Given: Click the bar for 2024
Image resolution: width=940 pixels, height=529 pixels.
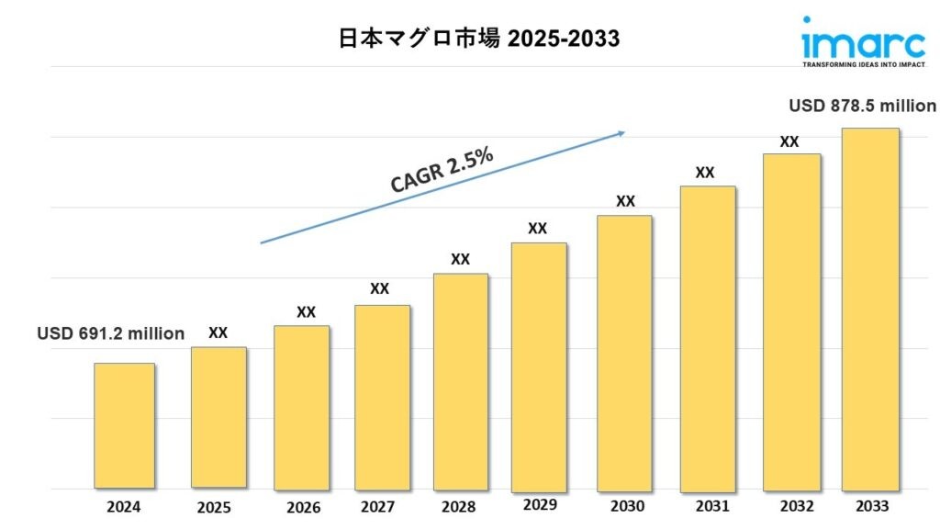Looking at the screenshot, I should [124, 425].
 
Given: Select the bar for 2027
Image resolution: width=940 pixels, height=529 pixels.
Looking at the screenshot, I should [382, 396].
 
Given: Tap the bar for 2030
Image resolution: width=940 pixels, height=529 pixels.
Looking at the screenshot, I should [624, 352].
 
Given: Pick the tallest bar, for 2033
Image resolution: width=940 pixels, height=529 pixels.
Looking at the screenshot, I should [870, 308].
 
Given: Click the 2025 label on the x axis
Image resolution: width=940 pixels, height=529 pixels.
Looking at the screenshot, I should [214, 507].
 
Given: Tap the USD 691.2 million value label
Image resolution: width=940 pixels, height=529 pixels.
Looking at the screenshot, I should [111, 333].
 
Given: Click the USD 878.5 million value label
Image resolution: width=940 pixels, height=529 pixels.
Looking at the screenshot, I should [862, 106].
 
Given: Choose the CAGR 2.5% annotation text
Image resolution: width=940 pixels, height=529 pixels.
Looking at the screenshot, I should [442, 170].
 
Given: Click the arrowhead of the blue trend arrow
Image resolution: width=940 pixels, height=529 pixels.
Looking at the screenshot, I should [621, 133].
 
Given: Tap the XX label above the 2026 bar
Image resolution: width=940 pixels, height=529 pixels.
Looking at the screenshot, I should [306, 312].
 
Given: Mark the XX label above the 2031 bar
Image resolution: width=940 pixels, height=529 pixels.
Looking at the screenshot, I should [705, 172].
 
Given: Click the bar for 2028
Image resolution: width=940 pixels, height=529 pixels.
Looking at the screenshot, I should [460, 380].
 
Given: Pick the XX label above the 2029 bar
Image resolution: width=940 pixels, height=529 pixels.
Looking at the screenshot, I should [537, 228].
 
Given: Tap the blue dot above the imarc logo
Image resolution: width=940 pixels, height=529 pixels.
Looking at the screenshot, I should [807, 19].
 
